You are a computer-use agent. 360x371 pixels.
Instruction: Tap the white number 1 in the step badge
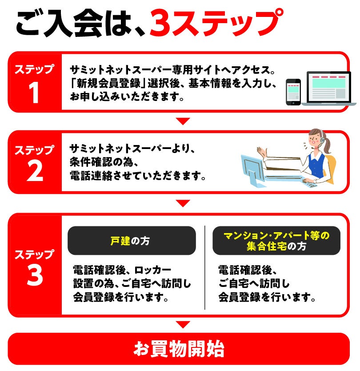pos(34,93)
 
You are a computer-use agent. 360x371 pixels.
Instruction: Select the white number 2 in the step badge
pos(35,171)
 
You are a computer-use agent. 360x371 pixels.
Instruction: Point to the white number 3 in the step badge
pos(35,275)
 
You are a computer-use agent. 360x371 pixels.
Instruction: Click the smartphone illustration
pos(293,92)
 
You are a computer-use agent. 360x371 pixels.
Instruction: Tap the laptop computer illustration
pos(328,89)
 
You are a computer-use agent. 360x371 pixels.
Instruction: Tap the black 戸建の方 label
pos(132,240)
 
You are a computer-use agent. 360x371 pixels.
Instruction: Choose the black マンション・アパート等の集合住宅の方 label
pos(276,240)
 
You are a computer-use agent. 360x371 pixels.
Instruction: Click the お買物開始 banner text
pos(179,349)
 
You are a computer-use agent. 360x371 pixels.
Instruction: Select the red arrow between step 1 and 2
pos(183,121)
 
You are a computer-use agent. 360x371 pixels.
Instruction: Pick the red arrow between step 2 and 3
pos(183,203)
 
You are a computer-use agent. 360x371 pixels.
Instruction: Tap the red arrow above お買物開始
pos(183,324)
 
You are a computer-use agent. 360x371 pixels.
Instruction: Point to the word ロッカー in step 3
pos(153,270)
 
